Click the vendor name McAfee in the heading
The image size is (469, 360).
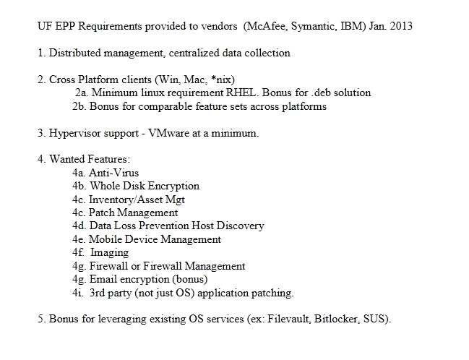click(x=266, y=26)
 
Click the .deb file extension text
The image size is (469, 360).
click(x=321, y=93)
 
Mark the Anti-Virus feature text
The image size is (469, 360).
click(x=114, y=173)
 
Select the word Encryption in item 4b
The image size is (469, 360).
click(x=173, y=186)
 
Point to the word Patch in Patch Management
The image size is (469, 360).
click(x=102, y=213)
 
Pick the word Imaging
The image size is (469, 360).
click(x=109, y=252)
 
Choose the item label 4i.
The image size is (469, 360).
click(x=78, y=293)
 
